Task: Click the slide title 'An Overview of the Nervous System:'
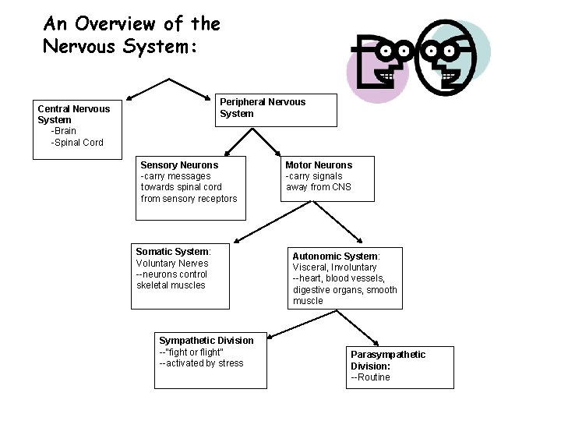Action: pos(131,34)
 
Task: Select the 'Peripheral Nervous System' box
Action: pos(277,109)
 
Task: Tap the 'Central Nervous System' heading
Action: pos(73,114)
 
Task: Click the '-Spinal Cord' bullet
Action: pos(76,143)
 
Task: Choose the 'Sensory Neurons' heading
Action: pos(179,165)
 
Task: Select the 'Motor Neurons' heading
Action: pos(319,165)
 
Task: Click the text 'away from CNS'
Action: pos(318,187)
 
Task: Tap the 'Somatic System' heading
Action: pos(172,252)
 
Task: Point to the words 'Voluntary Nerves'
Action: pos(172,264)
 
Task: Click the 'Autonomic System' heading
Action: pos(335,256)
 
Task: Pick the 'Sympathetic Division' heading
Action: pos(206,341)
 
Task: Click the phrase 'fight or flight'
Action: pos(192,352)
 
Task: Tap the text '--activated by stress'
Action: pos(201,363)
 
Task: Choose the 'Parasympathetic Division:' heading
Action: pos(387,360)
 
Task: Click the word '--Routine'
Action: pos(370,377)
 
